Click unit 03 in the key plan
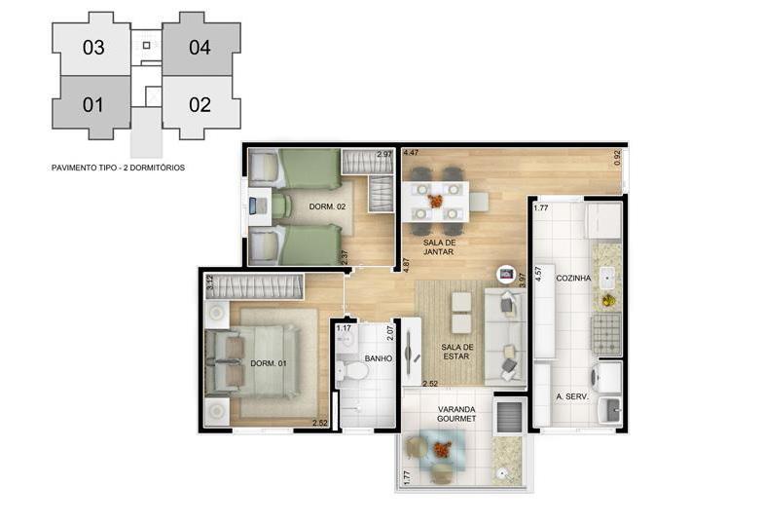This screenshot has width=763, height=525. click(x=91, y=48)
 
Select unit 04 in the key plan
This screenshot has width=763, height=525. click(x=200, y=48)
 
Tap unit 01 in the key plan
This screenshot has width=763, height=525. click(x=91, y=105)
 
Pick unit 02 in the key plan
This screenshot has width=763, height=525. click(x=200, y=105)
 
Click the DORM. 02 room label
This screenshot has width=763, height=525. click(x=327, y=206)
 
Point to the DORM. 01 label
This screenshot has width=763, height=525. click(x=269, y=363)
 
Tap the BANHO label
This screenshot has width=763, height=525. click(x=378, y=358)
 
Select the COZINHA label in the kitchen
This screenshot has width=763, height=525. click(x=573, y=279)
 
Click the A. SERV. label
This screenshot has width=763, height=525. click(x=572, y=397)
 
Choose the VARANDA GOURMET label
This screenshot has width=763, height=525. click(x=456, y=414)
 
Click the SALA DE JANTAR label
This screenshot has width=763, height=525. click(x=438, y=247)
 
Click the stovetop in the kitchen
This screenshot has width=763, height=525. click(x=606, y=333)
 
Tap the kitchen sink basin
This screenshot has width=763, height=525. click(x=607, y=279)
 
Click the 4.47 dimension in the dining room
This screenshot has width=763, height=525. click(x=411, y=152)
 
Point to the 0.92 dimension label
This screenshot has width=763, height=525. click(x=617, y=158)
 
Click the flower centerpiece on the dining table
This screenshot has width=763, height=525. click(x=435, y=201)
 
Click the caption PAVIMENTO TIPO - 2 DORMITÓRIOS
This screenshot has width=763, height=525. click(x=119, y=168)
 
